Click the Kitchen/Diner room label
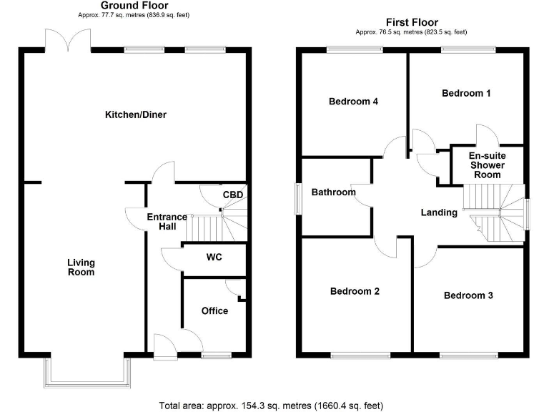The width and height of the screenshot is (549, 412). [x=136, y=114]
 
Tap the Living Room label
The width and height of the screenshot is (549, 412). [x=81, y=268]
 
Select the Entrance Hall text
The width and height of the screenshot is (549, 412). [x=167, y=222]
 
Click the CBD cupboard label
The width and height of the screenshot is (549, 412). [x=232, y=195]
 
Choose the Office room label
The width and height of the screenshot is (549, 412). [x=214, y=310]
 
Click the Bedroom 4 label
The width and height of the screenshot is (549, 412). [x=353, y=102]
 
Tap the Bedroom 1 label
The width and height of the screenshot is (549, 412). [x=466, y=93]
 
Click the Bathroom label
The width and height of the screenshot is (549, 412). [x=333, y=192]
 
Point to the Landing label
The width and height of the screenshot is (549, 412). [x=439, y=212]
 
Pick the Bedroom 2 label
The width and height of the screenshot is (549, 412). [x=355, y=291]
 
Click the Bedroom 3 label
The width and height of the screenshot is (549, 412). [x=468, y=295]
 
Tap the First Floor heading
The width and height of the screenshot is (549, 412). [x=412, y=22]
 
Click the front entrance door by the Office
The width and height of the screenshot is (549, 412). [x=164, y=346]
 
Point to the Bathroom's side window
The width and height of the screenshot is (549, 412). [x=298, y=198]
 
